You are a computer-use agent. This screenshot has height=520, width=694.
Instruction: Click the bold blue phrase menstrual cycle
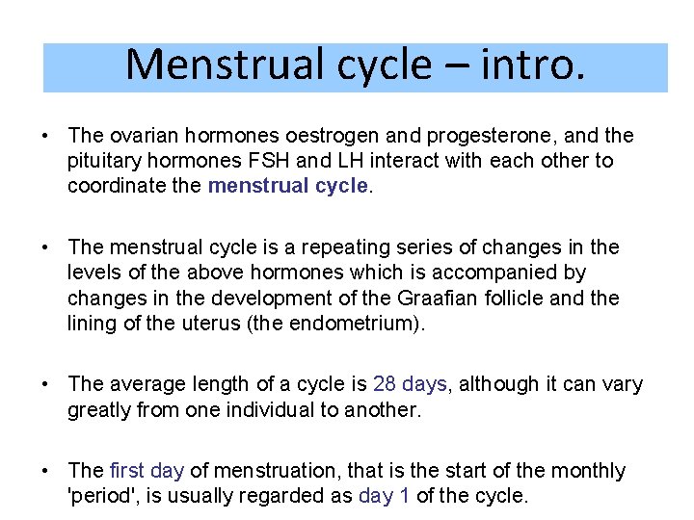coord(288,185)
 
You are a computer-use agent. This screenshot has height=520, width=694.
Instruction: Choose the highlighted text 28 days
coord(410,384)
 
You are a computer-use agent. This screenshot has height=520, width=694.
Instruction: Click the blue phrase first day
coord(147,471)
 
